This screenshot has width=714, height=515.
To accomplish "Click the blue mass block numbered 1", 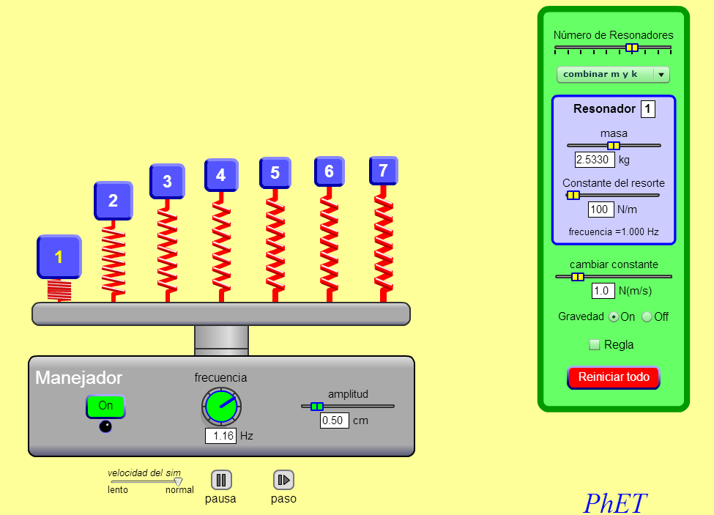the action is tap(59, 257).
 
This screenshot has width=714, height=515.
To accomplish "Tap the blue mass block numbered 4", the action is tap(221, 175).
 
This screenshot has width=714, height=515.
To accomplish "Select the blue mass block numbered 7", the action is tap(384, 171).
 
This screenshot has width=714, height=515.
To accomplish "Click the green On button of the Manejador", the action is tap(105, 406).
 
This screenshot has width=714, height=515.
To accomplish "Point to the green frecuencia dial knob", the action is tap(221, 406).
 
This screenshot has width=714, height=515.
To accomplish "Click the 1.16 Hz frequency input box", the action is tap(221, 436).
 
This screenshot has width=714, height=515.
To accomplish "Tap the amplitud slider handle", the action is tap(317, 406).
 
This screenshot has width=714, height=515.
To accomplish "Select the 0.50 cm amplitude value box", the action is tap(334, 420).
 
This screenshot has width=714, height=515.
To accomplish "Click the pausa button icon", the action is tap(221, 480).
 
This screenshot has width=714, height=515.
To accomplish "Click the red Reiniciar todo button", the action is tap(614, 377).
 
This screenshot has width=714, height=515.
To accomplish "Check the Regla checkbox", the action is tap(594, 345).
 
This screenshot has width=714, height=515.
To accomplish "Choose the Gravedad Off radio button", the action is tap(647, 317).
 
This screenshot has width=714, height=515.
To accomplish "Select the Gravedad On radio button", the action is tap(614, 317).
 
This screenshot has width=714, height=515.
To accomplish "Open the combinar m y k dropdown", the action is tap(613, 74).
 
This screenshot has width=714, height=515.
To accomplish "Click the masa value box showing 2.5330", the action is tap(595, 160).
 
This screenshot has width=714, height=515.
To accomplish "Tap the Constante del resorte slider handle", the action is tap(573, 196).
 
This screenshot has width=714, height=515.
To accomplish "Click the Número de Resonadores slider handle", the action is tap(632, 48).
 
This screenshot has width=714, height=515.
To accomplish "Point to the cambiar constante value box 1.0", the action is tap(603, 291).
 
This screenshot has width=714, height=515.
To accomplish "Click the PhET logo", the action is tap(614, 503).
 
